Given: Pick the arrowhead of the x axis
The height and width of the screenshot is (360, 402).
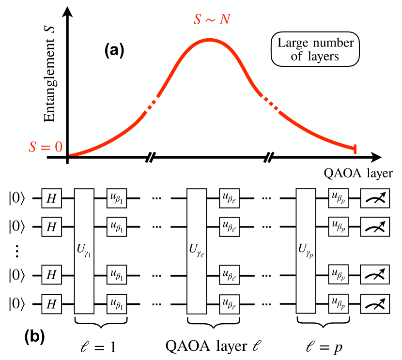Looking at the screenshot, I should (x=376, y=157).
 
